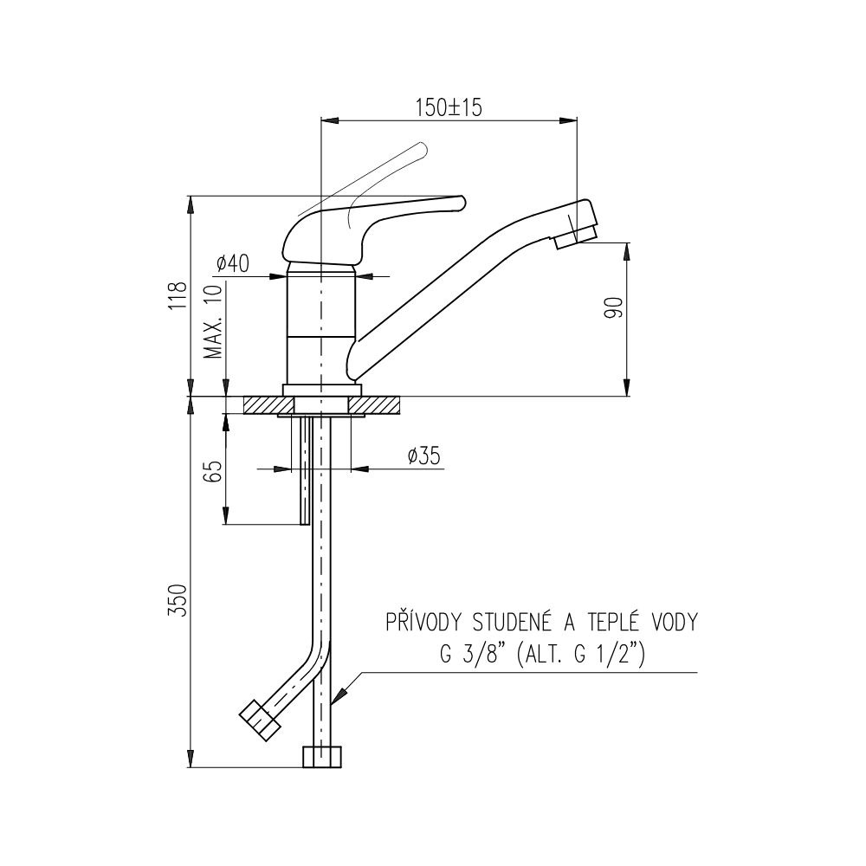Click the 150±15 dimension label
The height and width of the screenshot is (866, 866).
[x=449, y=107]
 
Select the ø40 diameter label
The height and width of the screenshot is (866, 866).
[x=232, y=263]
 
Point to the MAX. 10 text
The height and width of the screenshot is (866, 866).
[x=212, y=321]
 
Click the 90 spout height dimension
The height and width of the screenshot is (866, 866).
[x=614, y=307]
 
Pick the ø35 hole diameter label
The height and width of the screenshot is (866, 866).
[x=424, y=456]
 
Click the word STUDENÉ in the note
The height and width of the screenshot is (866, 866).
[x=513, y=622]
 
